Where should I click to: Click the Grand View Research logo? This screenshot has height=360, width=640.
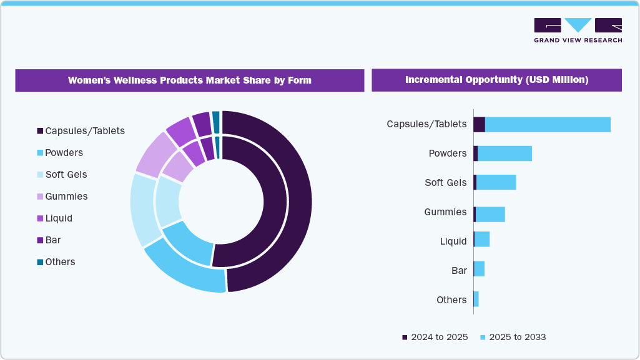[x=578, y=30]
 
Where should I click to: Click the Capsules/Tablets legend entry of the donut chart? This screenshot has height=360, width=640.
[x=81, y=131]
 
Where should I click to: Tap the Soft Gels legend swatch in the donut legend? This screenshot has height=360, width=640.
[x=40, y=175]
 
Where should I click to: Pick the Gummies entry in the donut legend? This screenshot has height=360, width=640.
[x=62, y=197]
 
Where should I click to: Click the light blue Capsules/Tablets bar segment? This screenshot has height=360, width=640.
[x=548, y=124]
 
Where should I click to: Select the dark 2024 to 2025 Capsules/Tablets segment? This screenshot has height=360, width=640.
[x=479, y=124]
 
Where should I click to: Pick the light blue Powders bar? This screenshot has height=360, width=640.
[x=505, y=153]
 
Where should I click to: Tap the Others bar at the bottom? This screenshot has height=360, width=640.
[x=476, y=299]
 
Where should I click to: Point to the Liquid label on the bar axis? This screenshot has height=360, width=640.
[x=453, y=241]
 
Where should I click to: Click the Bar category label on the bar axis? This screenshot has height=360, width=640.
[x=459, y=271]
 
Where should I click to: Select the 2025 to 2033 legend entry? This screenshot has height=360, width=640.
[x=513, y=337]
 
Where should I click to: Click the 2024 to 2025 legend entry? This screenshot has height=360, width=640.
[x=435, y=337]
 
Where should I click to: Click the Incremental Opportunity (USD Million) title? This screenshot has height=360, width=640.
[x=496, y=80]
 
